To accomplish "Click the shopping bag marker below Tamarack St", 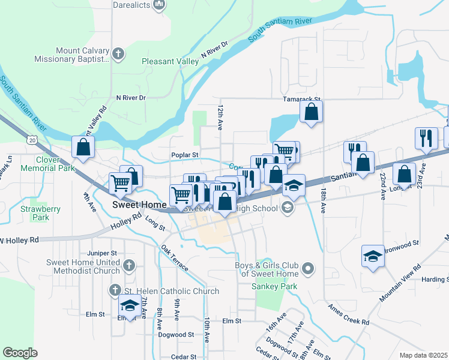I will pyautogui.click(x=311, y=112).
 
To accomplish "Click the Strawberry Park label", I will pyautogui.click(x=41, y=213).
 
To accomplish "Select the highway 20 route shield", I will pyautogui.click(x=32, y=139).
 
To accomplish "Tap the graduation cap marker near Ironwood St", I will pyautogui.click(x=373, y=256).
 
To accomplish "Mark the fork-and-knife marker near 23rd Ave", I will pyautogui.click(x=426, y=137).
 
